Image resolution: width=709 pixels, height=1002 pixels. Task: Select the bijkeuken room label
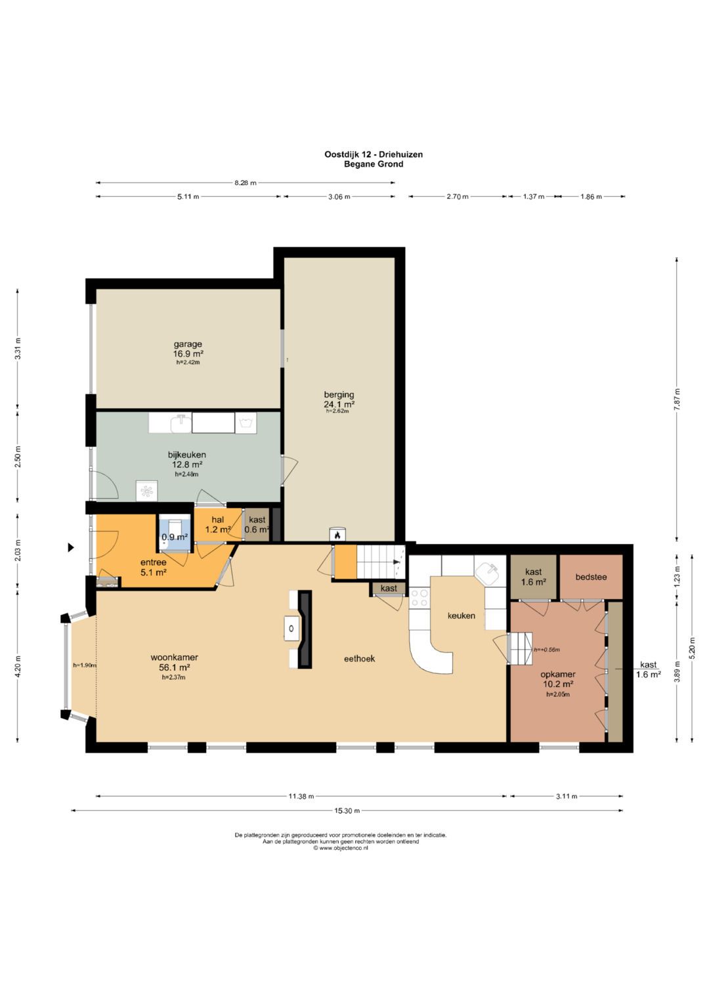[186, 464]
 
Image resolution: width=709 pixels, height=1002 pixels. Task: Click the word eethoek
[360, 658]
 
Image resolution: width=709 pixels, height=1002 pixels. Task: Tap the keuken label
[462, 616]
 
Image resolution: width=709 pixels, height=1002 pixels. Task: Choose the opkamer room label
[558, 684]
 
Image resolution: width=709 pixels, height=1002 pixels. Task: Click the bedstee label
[591, 577]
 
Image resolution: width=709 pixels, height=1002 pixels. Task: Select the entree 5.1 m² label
[154, 567]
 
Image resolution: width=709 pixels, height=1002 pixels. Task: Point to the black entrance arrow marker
[71, 547]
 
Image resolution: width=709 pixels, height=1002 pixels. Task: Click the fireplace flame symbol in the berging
[337, 534]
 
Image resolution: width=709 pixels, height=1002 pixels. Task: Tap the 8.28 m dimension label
[246, 182]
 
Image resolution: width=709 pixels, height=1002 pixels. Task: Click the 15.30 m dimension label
[348, 810]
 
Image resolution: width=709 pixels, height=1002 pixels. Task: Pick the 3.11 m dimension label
[566, 796]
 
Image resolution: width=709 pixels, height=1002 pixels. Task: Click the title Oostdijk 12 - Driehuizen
[374, 154]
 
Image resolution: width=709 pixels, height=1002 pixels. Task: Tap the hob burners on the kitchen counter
[419, 598]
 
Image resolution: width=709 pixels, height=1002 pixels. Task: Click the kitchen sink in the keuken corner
[488, 573]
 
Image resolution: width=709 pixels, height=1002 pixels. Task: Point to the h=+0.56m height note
[546, 650]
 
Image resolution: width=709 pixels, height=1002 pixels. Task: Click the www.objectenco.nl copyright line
[341, 847]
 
